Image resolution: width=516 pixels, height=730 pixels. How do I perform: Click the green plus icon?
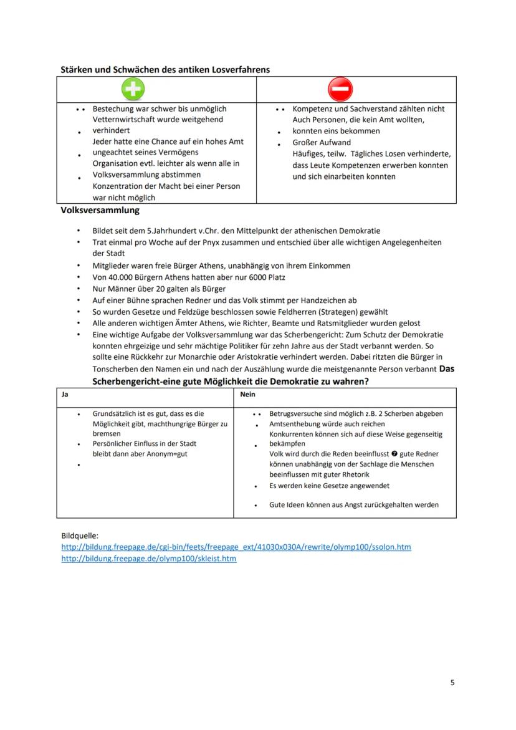(x=132, y=89)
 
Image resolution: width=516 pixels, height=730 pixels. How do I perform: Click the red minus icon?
(x=342, y=89)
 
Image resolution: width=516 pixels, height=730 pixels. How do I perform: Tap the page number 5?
(x=452, y=682)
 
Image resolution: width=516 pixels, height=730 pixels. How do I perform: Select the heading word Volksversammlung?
(x=100, y=211)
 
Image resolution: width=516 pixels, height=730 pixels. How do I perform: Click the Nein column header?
(x=247, y=395)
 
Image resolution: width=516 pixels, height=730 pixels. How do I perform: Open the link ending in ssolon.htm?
(x=236, y=547)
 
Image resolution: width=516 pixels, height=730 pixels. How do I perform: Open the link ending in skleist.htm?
(x=149, y=559)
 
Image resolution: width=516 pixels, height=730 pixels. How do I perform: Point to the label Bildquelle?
(x=80, y=535)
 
